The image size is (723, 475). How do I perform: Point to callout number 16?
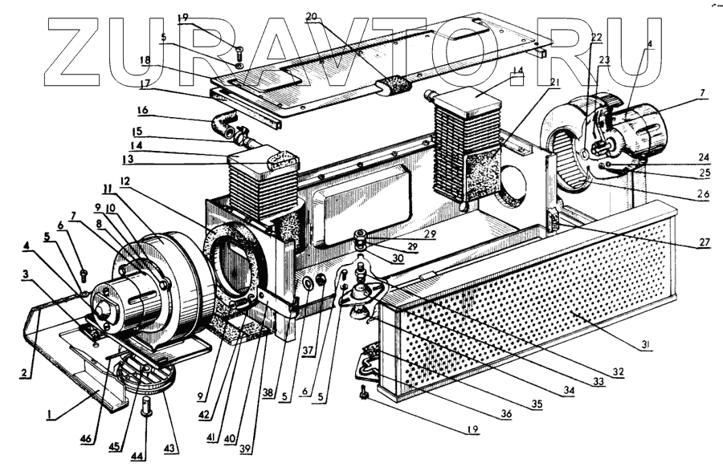pos(141,110)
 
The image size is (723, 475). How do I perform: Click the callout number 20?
pos(311,16)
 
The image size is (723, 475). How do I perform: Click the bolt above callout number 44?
pos(146,406)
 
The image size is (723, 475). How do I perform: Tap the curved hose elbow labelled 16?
pos(220,126)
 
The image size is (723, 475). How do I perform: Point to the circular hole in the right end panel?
pos(514,184)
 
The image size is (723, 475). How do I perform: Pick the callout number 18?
pos(145,60)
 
